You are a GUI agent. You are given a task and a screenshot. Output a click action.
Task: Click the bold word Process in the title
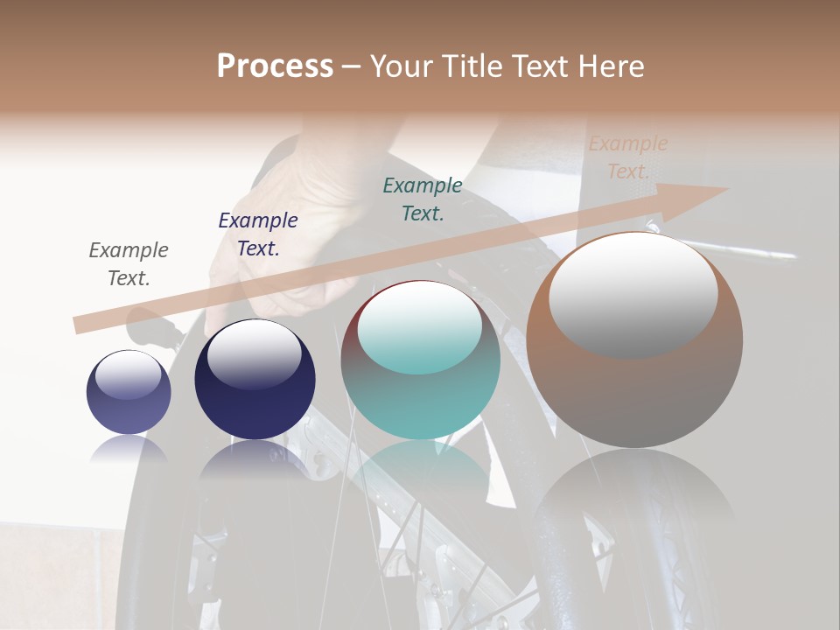275,66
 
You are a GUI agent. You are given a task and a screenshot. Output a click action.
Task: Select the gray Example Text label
129,264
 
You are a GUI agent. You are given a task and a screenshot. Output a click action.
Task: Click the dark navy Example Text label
258,234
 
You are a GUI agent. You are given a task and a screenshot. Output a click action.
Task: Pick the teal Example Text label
423,199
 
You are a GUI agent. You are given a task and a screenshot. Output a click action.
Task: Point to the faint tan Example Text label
628,157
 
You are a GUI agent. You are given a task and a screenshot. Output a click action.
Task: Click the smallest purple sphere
129,393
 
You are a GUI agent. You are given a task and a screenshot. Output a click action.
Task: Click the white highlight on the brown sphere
633,293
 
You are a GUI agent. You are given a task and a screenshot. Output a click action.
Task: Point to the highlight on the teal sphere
420,326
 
